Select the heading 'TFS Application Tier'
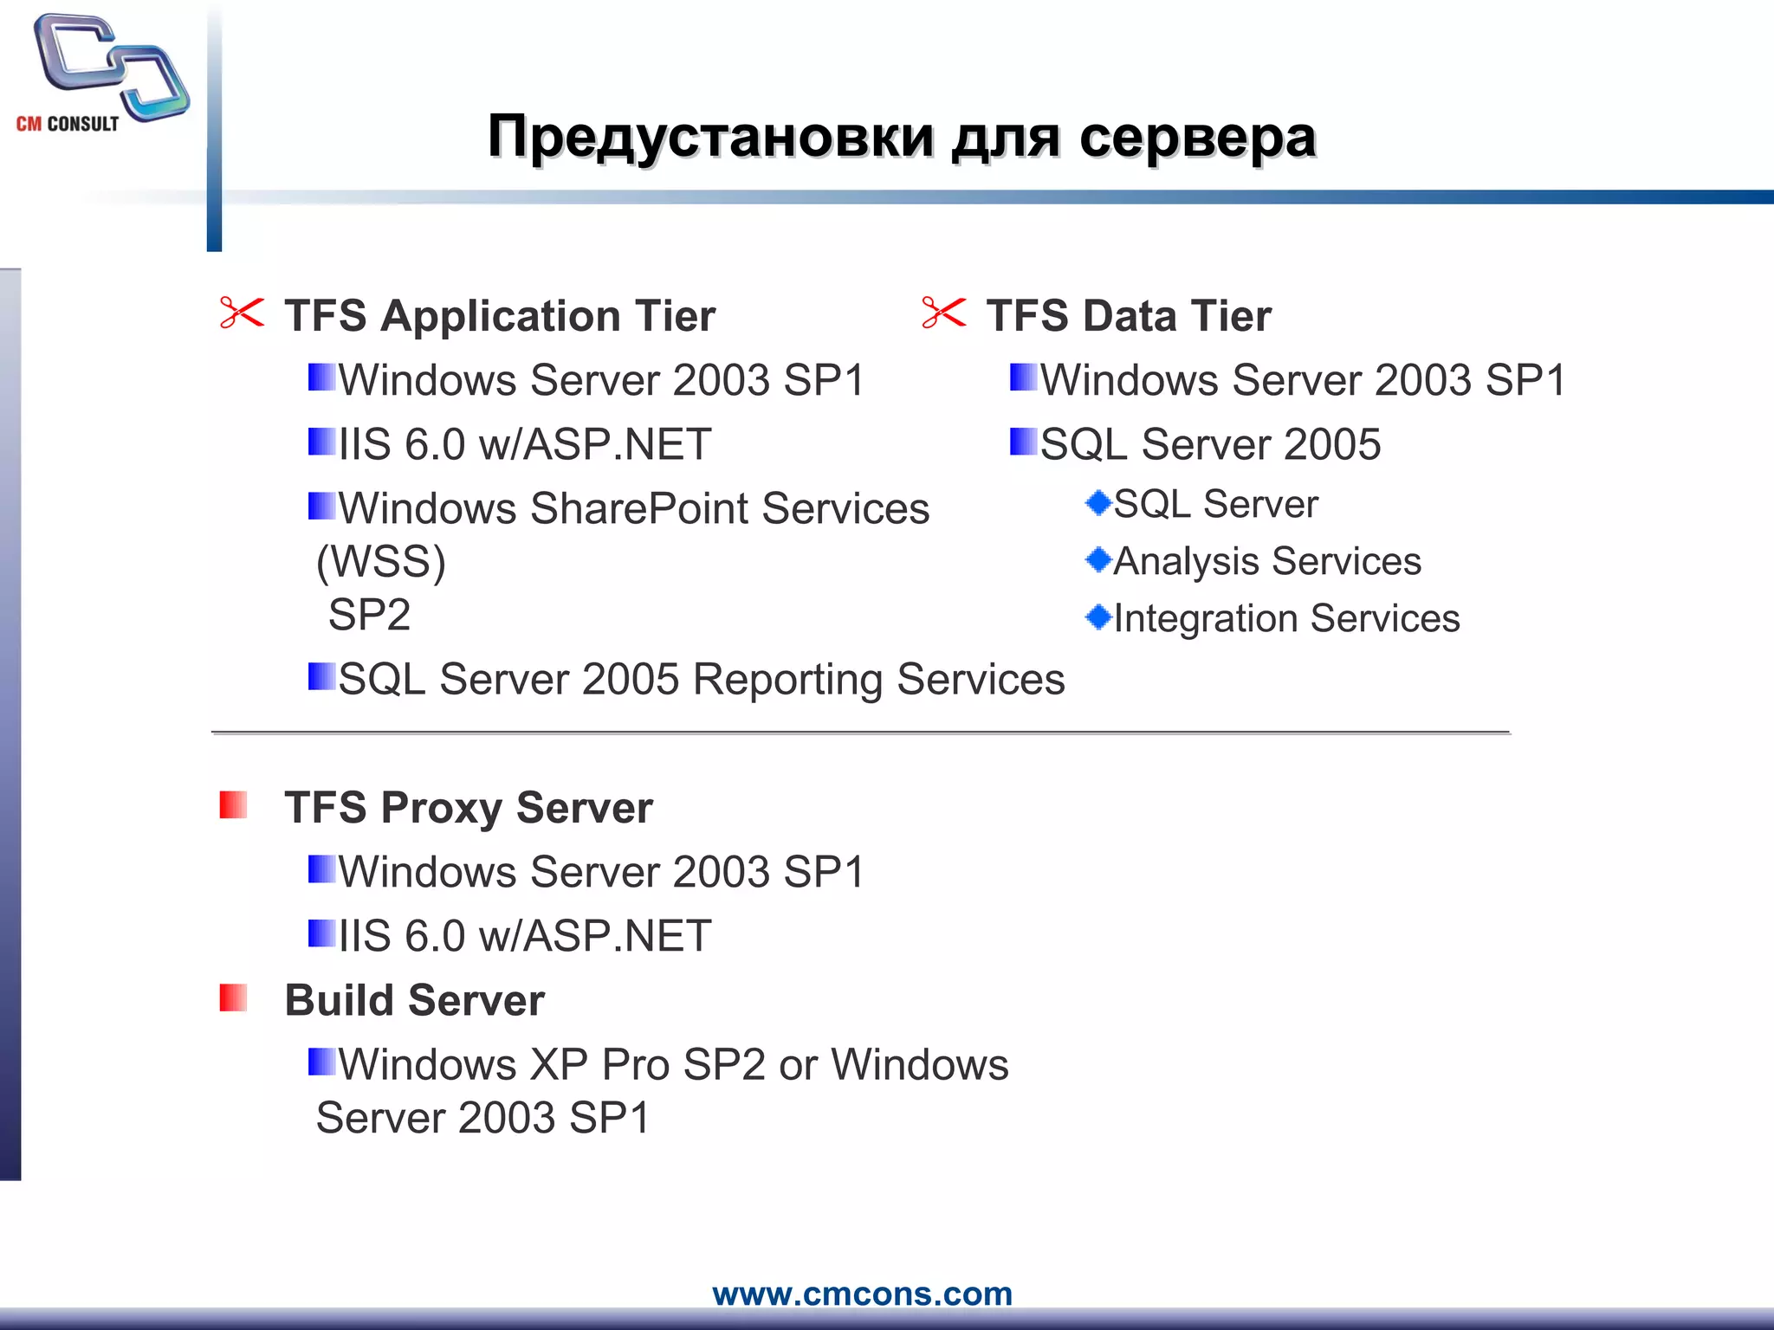click(500, 316)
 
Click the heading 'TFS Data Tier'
click(1128, 316)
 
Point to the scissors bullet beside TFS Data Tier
click(943, 313)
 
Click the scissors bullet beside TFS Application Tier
click(242, 313)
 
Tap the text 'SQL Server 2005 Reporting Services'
click(701, 680)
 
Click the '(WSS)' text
click(381, 562)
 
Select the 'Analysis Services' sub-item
click(1266, 561)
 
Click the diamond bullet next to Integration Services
click(1098, 617)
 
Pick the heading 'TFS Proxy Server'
click(468, 808)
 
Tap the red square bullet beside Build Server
click(233, 997)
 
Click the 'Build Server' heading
click(414, 1001)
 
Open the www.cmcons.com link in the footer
click(862, 1294)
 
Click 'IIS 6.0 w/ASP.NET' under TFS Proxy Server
click(524, 936)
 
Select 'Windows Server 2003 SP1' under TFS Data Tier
click(1303, 380)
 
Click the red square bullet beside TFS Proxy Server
click(233, 804)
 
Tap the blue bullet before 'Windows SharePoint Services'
click(321, 506)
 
